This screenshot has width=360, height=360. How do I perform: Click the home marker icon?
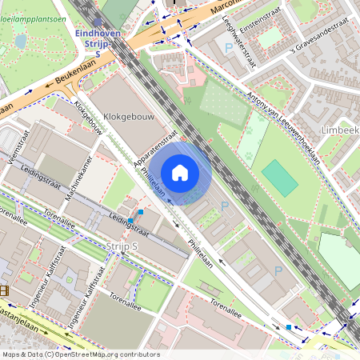(180, 172)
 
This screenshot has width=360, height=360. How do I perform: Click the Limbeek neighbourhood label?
(339, 130)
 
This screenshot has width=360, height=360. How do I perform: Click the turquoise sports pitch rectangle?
(278, 177)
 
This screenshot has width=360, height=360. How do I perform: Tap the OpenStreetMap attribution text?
(80, 354)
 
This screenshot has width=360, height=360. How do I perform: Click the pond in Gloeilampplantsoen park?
(20, 40)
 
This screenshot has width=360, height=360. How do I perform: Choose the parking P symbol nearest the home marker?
(224, 206)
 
